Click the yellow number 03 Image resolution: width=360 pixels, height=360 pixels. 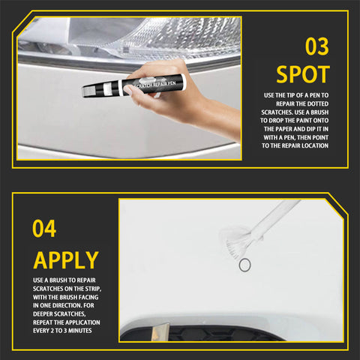(x=317, y=46)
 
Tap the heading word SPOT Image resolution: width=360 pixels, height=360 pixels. (x=303, y=74)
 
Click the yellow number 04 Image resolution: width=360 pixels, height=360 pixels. (x=44, y=229)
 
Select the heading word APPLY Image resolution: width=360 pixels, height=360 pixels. (x=66, y=260)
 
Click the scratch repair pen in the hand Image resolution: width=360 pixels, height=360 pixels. (x=134, y=85)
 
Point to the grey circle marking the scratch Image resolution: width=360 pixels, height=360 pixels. (x=244, y=265)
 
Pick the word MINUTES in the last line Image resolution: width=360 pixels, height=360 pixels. (x=80, y=331)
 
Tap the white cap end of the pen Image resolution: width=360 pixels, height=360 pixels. (x=184, y=82)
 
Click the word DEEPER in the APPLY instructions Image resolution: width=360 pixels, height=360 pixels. (x=43, y=314)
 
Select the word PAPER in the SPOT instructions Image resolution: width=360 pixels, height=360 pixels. (x=283, y=129)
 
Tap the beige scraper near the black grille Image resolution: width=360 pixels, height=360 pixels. (x=160, y=332)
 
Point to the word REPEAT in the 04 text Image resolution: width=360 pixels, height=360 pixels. (x=43, y=322)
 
